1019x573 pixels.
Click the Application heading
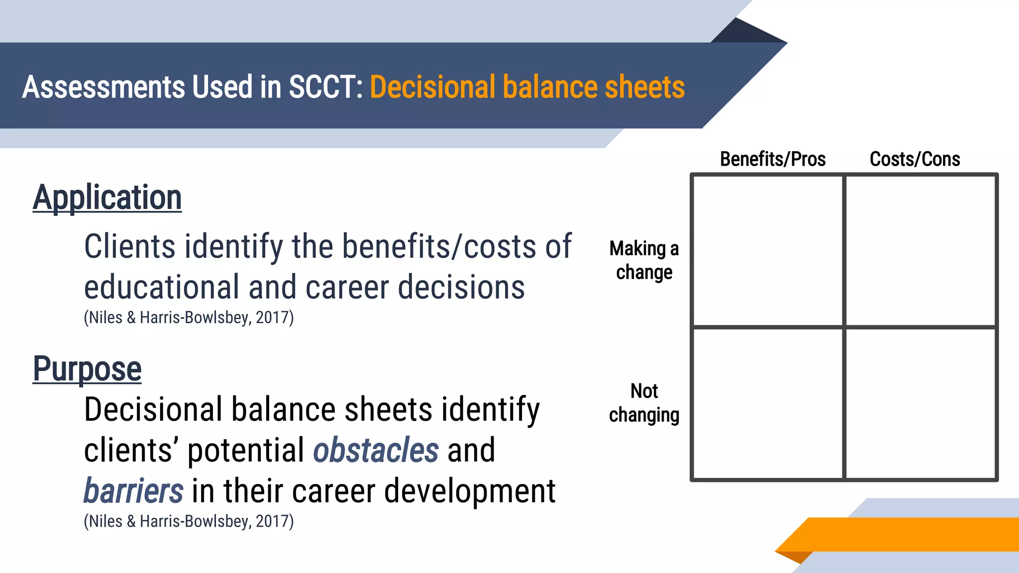click(107, 197)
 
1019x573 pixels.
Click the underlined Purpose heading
click(87, 369)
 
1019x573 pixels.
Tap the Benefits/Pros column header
click(772, 159)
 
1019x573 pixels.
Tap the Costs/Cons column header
click(915, 159)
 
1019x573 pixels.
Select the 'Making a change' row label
click(644, 260)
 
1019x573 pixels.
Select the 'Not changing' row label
click(644, 403)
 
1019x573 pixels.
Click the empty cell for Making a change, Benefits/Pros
click(768, 251)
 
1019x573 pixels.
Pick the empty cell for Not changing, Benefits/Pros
click(768, 403)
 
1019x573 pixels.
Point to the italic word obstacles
click(376, 450)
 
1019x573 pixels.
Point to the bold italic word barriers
click(133, 491)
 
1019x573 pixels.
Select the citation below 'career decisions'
click(189, 317)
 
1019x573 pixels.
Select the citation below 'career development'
click(189, 521)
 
